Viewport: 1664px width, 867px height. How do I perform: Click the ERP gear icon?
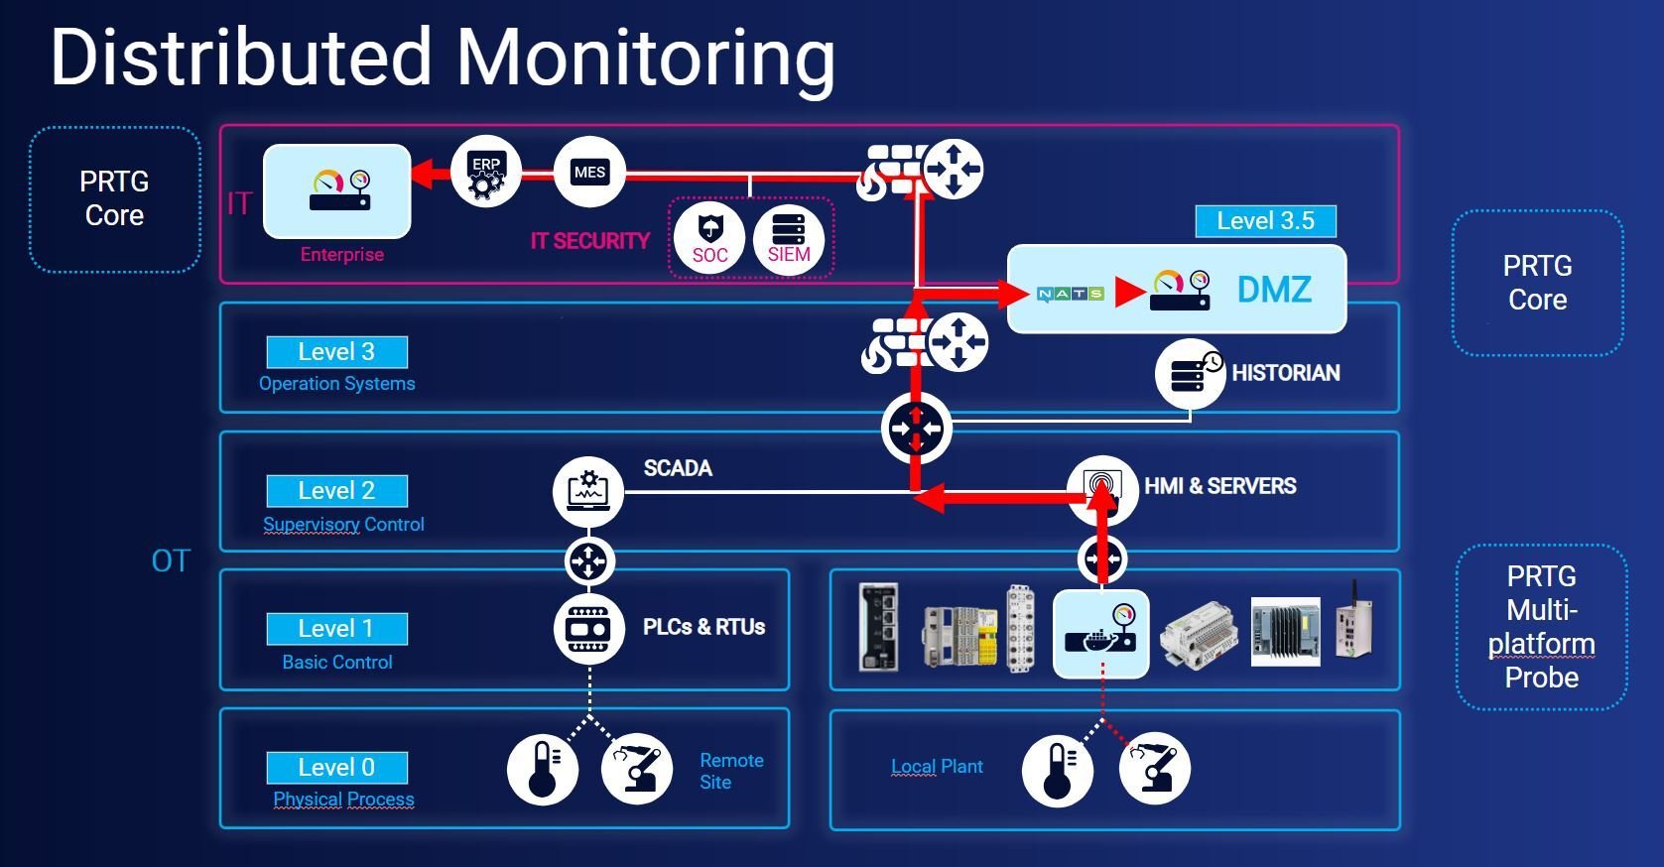pyautogui.click(x=485, y=173)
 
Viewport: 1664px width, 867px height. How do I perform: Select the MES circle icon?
pyautogui.click(x=589, y=173)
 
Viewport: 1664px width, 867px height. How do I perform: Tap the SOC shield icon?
pyautogui.click(x=709, y=238)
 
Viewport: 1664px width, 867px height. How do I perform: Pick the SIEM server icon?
pyautogui.click(x=789, y=238)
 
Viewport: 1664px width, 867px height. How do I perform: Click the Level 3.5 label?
pyautogui.click(x=1265, y=220)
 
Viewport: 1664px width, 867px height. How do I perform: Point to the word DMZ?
pyautogui.click(x=1274, y=290)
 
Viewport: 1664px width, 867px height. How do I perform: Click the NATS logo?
pyautogui.click(x=1070, y=294)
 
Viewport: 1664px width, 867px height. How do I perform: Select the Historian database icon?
pyautogui.click(x=1190, y=374)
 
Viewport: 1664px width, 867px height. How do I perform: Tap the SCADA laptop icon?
pyautogui.click(x=587, y=491)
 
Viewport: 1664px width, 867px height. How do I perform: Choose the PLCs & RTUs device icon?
pyautogui.click(x=588, y=628)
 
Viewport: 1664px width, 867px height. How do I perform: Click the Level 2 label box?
pyautogui.click(x=336, y=490)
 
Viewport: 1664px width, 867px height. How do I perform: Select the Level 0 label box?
pyautogui.click(x=336, y=767)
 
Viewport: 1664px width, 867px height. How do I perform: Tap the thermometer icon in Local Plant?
pyautogui.click(x=1057, y=770)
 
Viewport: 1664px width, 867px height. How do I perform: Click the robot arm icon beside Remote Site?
pyautogui.click(x=636, y=769)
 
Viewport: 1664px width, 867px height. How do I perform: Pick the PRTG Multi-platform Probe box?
pyautogui.click(x=1541, y=627)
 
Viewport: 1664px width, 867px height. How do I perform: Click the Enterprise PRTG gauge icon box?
pyautogui.click(x=337, y=190)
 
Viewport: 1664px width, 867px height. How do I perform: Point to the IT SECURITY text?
pyautogui.click(x=589, y=241)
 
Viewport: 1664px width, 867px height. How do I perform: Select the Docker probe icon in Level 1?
pyautogui.click(x=1100, y=633)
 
